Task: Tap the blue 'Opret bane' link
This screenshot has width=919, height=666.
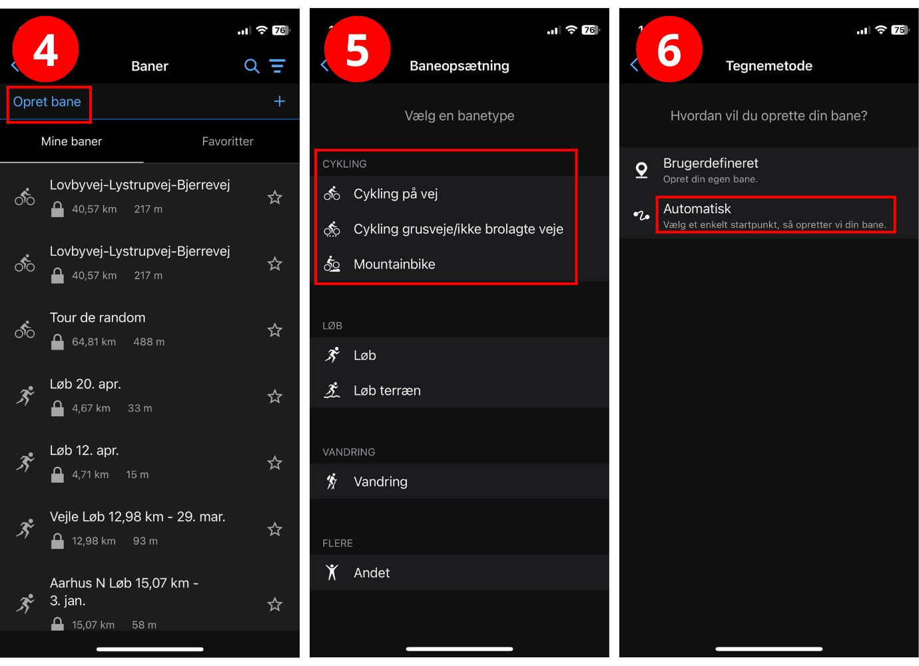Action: coord(47,102)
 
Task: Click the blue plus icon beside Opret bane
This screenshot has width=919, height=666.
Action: coord(280,101)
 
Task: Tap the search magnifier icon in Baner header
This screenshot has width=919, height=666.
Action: coord(252,66)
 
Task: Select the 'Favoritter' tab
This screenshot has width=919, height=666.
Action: coord(228,141)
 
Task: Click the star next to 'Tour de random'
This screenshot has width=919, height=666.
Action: coord(274,330)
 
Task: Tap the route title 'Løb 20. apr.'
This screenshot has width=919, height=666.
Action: coord(85,384)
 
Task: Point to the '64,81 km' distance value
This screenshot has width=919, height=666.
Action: coord(94,342)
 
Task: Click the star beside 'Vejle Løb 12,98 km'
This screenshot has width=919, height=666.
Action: coord(274,529)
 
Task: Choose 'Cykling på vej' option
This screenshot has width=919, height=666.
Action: coord(396,194)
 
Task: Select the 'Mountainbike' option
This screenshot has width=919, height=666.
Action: coord(394,264)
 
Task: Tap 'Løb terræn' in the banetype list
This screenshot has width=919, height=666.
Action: coord(387,391)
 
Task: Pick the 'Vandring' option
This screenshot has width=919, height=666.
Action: coord(380,482)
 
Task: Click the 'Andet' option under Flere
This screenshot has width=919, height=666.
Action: coord(372,573)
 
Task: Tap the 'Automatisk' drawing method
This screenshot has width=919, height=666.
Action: coord(697,209)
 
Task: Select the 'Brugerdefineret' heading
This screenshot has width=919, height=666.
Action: coord(711,163)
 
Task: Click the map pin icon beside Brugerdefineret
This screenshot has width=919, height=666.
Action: coord(641,170)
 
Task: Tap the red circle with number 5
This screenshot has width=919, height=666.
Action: coord(357,49)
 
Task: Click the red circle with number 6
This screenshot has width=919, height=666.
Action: coord(669,49)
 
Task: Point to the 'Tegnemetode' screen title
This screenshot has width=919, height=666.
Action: coord(768,66)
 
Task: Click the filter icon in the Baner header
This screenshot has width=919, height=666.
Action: coord(277,66)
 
